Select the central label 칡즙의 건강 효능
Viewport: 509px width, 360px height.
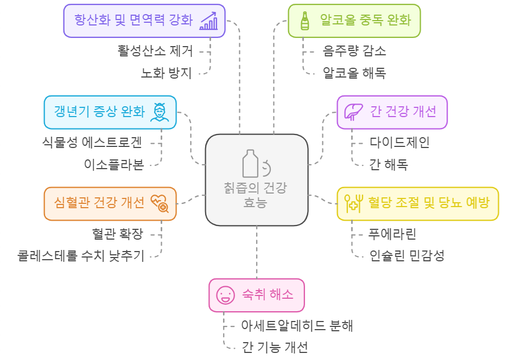click(x=256, y=196)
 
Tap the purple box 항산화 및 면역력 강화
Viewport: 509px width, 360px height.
click(x=144, y=21)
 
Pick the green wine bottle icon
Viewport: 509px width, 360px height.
click(x=304, y=21)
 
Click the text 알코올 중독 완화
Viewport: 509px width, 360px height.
click(x=365, y=21)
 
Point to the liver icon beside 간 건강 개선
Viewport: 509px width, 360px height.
click(x=354, y=112)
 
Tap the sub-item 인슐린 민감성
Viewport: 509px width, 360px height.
click(x=406, y=255)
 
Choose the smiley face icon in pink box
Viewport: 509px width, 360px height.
click(x=224, y=295)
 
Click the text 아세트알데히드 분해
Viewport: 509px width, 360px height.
click(x=297, y=325)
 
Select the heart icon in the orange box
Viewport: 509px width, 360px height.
click(x=160, y=203)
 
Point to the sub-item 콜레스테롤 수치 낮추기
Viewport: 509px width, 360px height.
click(x=81, y=255)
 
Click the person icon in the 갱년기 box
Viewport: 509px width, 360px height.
click(x=160, y=112)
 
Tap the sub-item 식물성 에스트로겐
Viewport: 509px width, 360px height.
click(x=92, y=143)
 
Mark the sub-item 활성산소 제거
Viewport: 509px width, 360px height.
click(x=155, y=52)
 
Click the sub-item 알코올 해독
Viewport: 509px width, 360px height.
click(x=354, y=72)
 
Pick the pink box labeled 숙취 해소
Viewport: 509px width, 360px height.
click(x=256, y=295)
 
